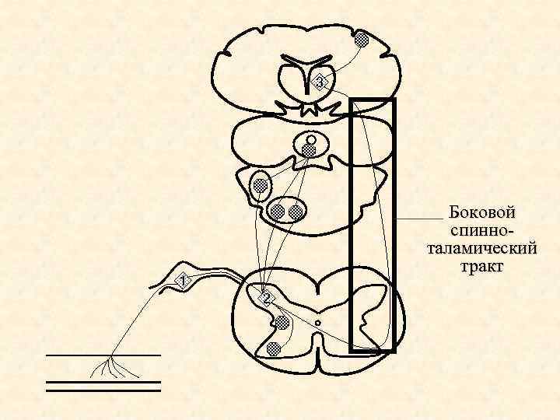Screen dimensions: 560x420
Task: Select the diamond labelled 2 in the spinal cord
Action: [x=267, y=299]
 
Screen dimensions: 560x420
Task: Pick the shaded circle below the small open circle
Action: [x=309, y=151]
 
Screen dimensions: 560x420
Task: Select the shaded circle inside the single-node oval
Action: [x=260, y=185]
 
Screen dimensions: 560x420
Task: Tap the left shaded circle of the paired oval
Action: [x=278, y=211]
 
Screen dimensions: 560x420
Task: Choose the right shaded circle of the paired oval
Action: [x=296, y=211]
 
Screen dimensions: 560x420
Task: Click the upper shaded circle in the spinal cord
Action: [x=282, y=322]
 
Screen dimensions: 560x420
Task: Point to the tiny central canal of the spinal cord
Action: [x=318, y=322]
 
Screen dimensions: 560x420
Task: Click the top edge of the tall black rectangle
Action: [x=373, y=100]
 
